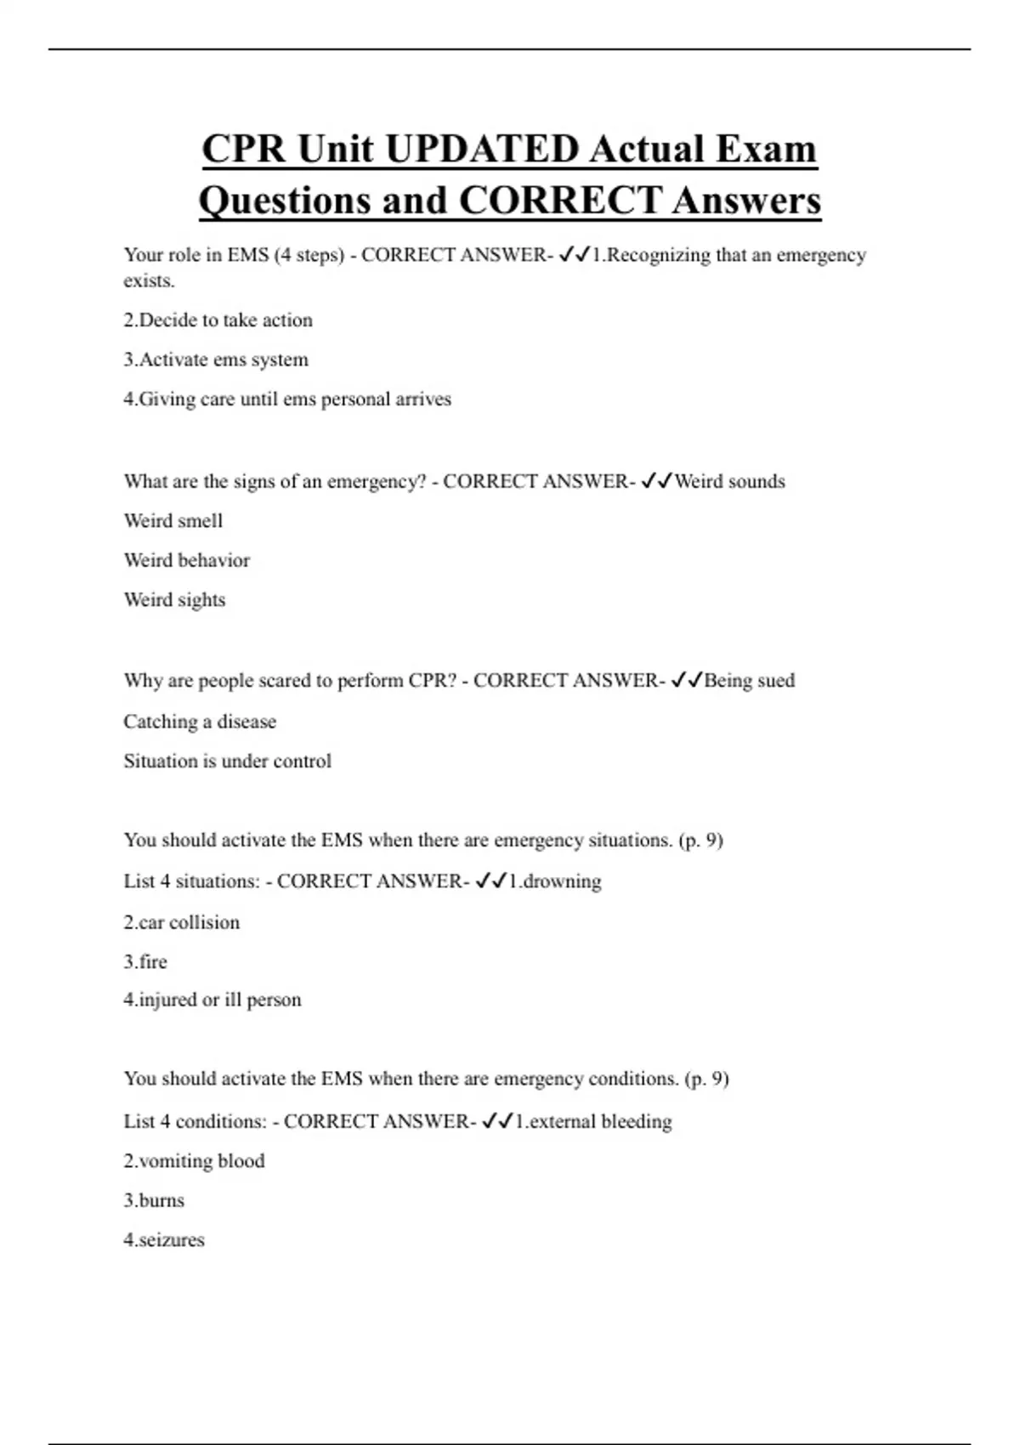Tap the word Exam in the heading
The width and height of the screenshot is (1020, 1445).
click(766, 150)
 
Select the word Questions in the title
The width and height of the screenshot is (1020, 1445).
click(285, 201)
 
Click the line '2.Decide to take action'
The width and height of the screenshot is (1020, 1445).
click(218, 320)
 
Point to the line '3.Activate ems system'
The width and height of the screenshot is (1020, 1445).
click(216, 360)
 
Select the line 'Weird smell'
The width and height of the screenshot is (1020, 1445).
click(173, 521)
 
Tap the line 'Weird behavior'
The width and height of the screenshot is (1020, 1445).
click(187, 560)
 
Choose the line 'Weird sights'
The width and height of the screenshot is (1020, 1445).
click(174, 600)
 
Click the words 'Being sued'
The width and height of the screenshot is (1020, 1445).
click(750, 681)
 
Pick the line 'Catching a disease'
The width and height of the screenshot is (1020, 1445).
click(200, 722)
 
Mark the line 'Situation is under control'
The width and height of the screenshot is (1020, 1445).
click(227, 761)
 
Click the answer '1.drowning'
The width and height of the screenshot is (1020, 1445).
click(554, 881)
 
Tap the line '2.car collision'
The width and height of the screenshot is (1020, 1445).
click(182, 922)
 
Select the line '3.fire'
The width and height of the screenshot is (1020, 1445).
click(145, 962)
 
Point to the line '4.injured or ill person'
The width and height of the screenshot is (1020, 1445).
click(212, 1000)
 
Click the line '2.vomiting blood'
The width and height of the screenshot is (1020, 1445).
click(194, 1161)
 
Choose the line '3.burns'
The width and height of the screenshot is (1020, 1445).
click(154, 1200)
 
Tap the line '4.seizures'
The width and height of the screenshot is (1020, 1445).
click(164, 1240)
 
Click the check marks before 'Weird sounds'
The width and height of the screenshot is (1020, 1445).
click(656, 482)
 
